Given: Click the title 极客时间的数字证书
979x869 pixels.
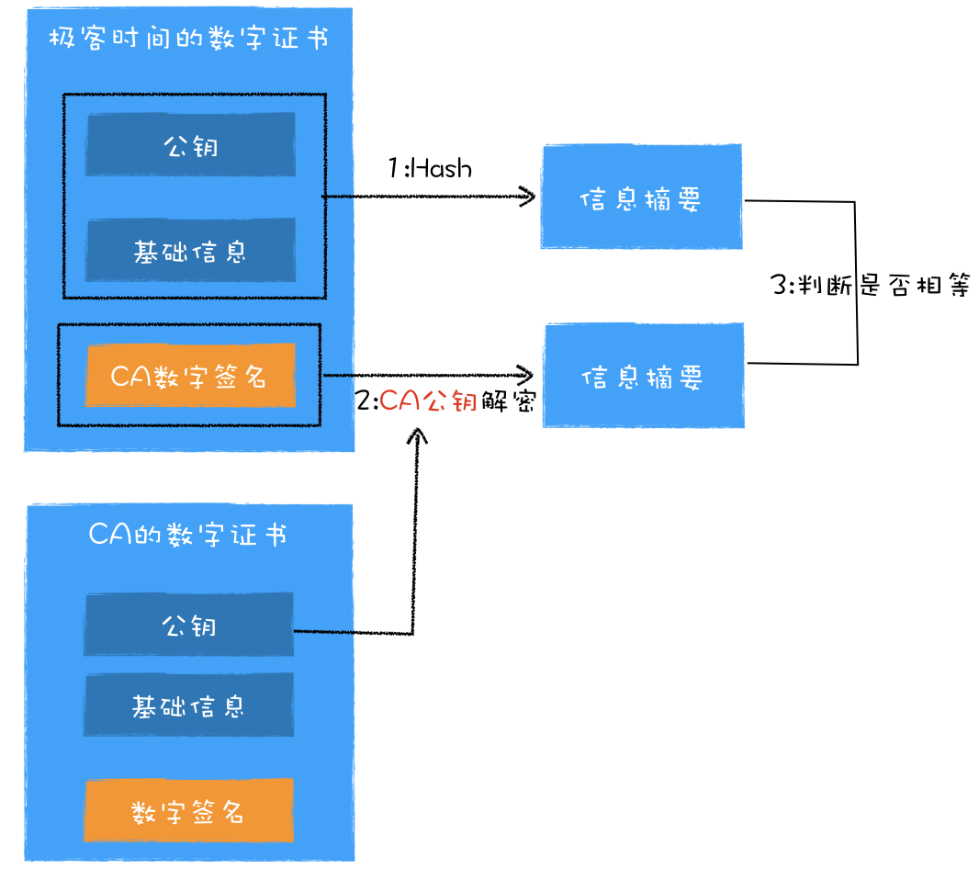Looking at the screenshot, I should (x=188, y=39).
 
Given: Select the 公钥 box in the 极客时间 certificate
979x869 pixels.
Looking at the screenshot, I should (x=191, y=144).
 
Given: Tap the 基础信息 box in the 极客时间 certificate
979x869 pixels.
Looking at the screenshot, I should (x=191, y=250).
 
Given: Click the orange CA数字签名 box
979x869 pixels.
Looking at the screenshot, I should (x=190, y=376).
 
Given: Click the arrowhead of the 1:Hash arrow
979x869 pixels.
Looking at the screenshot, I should (x=528, y=196).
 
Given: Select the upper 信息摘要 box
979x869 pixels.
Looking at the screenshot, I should (x=641, y=197).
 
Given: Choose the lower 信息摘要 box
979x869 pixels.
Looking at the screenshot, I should (x=643, y=376).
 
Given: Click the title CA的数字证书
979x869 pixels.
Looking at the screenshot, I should (x=187, y=536).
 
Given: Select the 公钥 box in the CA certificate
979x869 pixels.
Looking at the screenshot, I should (x=189, y=625).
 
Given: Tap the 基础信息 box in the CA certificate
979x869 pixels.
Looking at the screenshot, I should (x=189, y=705).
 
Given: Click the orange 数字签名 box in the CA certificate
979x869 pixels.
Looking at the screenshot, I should (x=189, y=811).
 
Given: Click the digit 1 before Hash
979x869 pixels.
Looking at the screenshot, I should (x=392, y=168).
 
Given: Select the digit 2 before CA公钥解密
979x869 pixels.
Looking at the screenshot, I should (x=363, y=401).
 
